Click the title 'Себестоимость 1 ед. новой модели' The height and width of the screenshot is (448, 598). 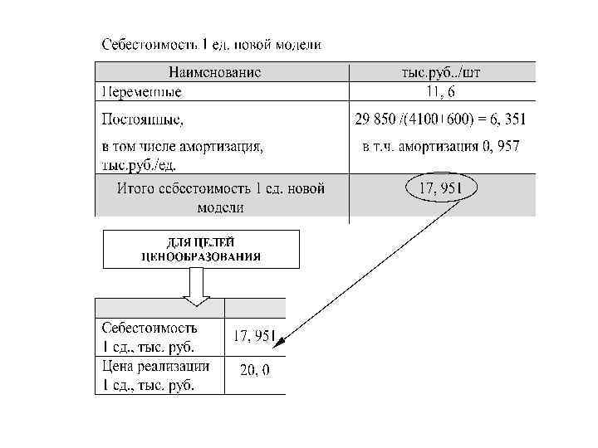[x=211, y=43]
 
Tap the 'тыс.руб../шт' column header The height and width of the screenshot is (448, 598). [x=441, y=72]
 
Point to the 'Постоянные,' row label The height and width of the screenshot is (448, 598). [x=142, y=119]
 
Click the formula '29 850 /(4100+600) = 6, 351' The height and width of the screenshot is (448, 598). [x=440, y=119]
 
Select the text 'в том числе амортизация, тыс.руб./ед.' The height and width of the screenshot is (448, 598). [x=182, y=154]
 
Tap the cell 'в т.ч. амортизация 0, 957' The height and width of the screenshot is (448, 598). [x=442, y=147]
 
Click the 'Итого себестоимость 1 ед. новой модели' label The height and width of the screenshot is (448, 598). [x=220, y=197]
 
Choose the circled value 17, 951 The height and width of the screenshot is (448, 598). [x=440, y=189]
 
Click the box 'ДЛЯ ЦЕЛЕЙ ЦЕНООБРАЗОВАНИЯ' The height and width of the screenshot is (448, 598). [x=201, y=249]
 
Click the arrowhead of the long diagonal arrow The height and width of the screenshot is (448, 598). [x=280, y=340]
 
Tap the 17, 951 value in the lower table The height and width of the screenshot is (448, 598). [x=254, y=336]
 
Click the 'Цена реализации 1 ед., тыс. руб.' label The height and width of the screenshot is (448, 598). [x=155, y=375]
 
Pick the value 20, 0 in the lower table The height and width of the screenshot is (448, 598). [x=254, y=371]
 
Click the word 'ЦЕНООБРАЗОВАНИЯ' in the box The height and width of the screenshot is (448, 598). [x=201, y=256]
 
